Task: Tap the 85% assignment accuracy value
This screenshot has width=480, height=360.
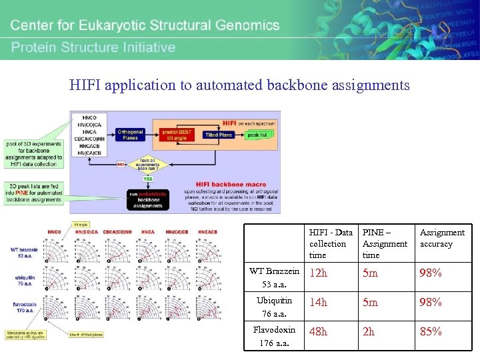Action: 430,331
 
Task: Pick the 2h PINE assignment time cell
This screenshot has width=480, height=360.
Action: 369,331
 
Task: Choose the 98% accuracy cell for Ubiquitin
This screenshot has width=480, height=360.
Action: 430,302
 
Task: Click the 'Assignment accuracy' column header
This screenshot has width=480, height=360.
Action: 441,238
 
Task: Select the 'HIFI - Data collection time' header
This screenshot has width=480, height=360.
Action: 331,243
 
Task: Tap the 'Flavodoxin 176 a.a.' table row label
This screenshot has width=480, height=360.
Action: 274,337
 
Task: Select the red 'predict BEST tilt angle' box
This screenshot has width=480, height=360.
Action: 177,133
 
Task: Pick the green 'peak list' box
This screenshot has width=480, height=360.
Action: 258,135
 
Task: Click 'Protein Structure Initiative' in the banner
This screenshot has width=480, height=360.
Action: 93,47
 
